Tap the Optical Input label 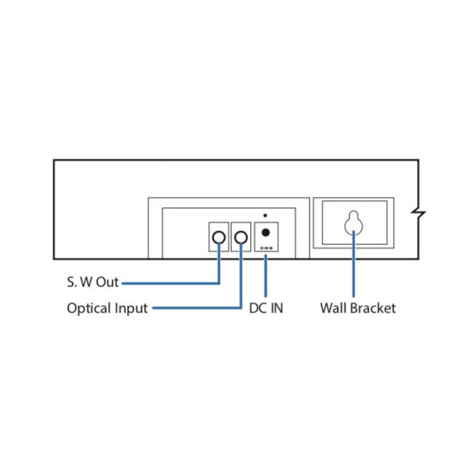coord(107,308)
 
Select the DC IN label coord(266,308)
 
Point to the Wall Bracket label coord(358,308)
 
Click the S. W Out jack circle coord(219,236)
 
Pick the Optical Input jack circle coord(241,236)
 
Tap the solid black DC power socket coord(266,233)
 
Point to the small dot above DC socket coord(265,215)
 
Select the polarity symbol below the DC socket coord(266,248)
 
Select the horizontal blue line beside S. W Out coord(172,283)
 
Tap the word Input coord(131,309)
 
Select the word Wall coord(332,308)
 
